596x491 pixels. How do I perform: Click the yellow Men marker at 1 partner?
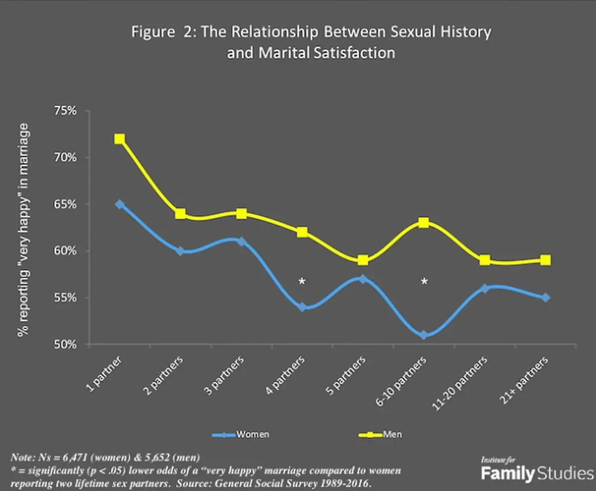pos(119,139)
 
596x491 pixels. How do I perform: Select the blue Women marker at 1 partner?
pos(119,204)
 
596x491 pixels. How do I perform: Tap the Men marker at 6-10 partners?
pos(424,222)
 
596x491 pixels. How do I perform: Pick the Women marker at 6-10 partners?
pos(424,335)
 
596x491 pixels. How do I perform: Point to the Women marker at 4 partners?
pos(302,307)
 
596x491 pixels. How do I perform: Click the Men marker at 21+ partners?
pos(545,260)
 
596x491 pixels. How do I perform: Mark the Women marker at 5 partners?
pos(363,279)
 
